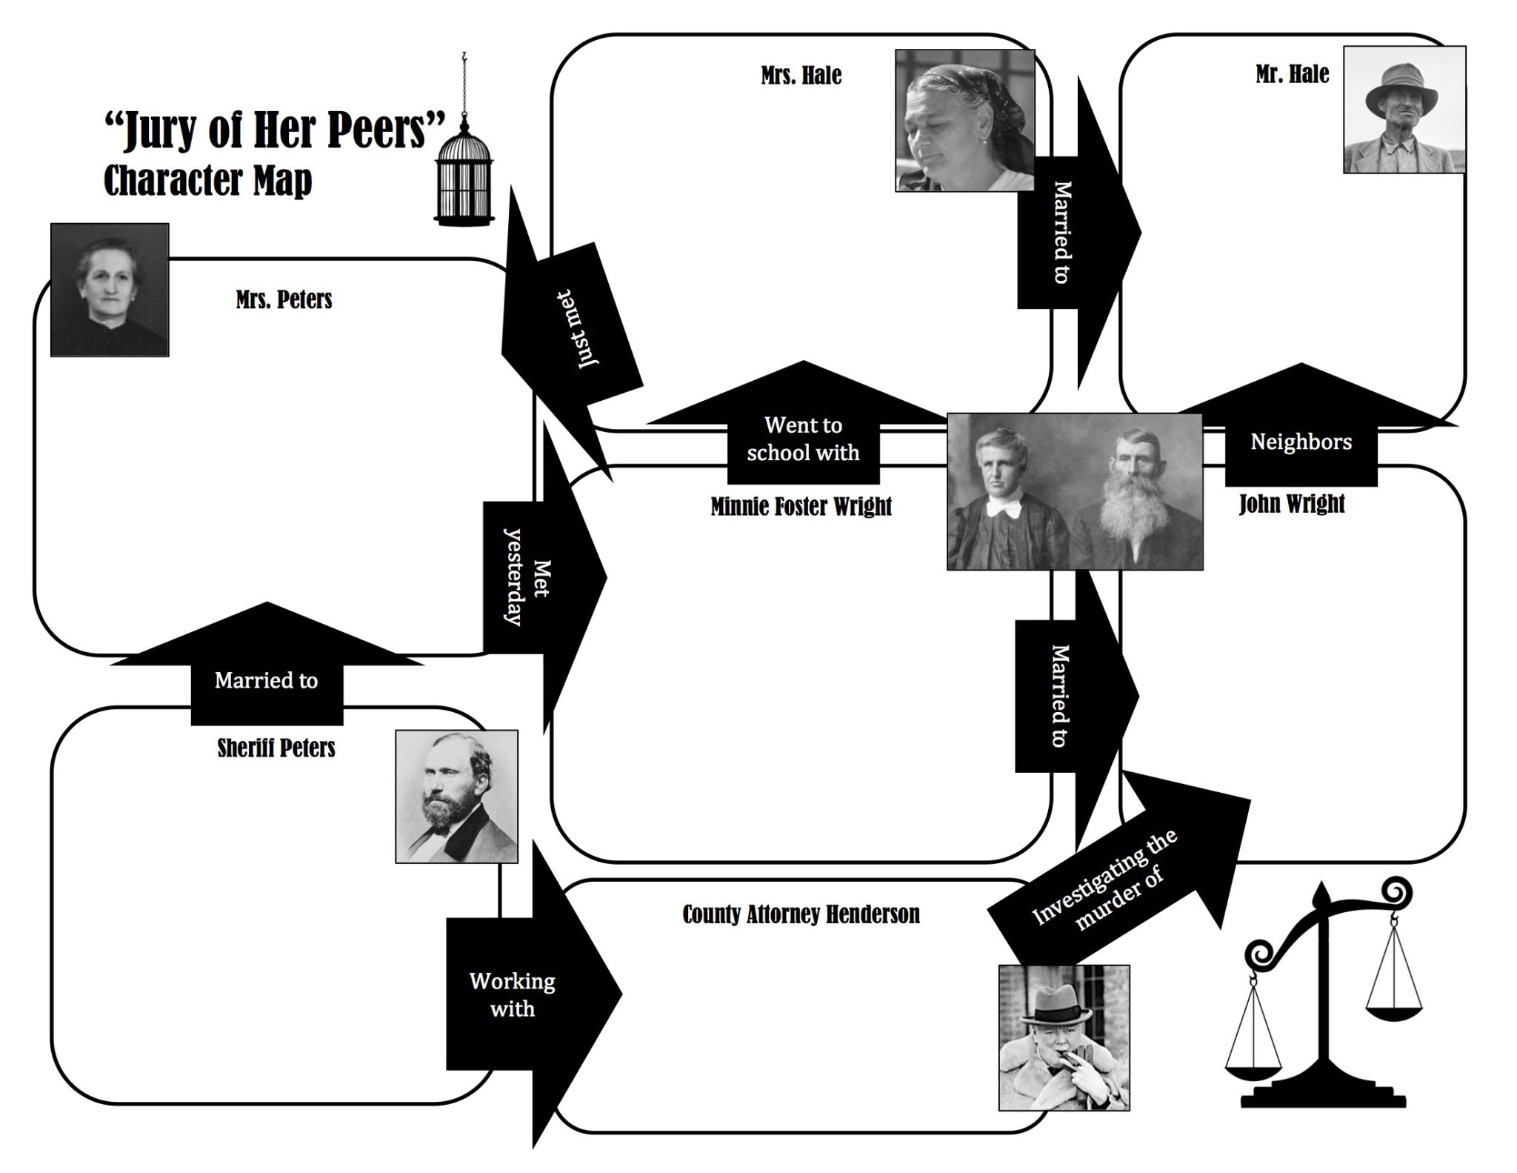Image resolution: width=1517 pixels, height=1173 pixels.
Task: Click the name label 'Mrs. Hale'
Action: tap(801, 76)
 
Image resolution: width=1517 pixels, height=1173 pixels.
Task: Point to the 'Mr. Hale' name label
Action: tap(1292, 74)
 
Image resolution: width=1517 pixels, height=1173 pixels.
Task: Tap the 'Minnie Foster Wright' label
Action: tap(801, 507)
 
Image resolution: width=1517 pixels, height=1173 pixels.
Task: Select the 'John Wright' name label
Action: tap(1291, 504)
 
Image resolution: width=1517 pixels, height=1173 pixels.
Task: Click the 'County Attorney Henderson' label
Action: tap(801, 914)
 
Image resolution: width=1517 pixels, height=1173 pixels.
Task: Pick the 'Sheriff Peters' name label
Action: tap(276, 748)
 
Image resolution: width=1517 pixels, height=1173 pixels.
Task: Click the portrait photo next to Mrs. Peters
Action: tap(110, 290)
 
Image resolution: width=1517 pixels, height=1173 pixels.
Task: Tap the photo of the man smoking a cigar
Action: tap(1064, 1037)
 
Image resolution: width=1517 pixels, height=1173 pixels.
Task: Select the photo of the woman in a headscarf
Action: tap(964, 121)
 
